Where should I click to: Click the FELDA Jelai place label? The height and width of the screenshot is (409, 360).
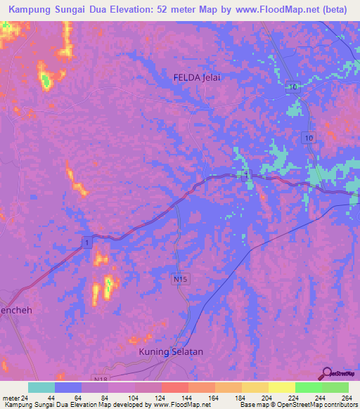click(x=197, y=78)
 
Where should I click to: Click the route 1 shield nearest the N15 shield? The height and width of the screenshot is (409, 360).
click(x=86, y=242)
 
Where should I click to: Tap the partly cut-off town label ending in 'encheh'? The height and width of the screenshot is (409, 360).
click(x=15, y=309)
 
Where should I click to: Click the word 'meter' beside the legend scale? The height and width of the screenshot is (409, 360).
click(x=9, y=398)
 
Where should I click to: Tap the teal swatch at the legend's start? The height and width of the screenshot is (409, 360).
click(x=41, y=387)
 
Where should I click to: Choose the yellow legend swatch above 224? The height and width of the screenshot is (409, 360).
click(x=281, y=387)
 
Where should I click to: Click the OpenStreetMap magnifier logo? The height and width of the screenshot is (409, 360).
click(x=326, y=373)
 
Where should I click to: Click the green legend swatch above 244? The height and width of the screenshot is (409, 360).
click(x=308, y=387)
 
